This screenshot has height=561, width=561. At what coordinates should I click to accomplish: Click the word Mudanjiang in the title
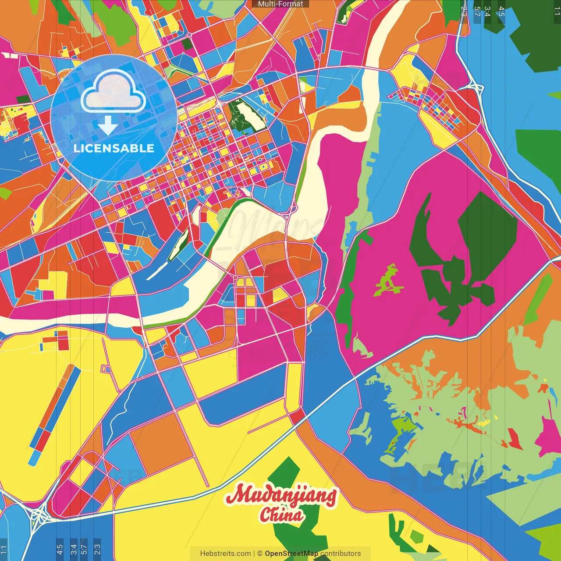(x=280, y=495)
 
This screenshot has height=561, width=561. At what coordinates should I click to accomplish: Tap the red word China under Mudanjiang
(x=281, y=515)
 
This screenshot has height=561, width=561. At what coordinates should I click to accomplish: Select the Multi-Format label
(x=280, y=4)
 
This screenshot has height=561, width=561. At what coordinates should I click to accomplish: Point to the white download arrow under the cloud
(x=107, y=125)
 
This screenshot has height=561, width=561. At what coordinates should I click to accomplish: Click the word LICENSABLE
(x=114, y=148)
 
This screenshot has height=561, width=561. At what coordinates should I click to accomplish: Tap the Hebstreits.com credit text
(x=225, y=554)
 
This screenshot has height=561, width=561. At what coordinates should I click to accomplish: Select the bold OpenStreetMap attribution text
(x=291, y=554)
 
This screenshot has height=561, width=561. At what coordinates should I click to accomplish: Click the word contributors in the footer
(x=341, y=554)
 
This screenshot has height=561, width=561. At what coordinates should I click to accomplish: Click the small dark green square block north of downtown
(x=187, y=44)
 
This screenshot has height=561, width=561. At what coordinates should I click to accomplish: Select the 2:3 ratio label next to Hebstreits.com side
(x=97, y=549)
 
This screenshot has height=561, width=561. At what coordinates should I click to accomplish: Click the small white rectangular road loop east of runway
(x=105, y=369)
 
